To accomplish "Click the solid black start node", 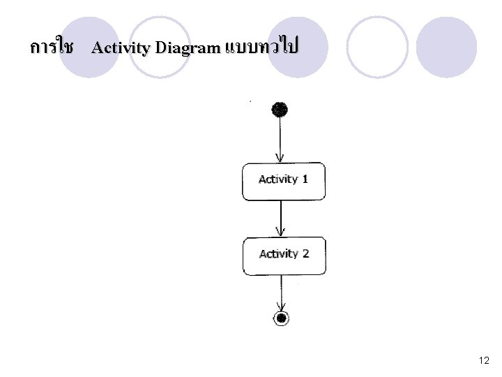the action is [x=280, y=110].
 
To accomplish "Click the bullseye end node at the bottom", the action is [x=281, y=318].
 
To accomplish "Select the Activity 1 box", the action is [x=284, y=182].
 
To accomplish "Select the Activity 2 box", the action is [x=284, y=256].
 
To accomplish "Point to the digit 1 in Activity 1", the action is [x=305, y=179].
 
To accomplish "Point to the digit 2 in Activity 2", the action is [x=305, y=253].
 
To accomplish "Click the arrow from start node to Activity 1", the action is [x=280, y=140].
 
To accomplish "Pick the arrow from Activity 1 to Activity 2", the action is [x=281, y=219].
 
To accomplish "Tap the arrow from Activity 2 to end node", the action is [x=281, y=293].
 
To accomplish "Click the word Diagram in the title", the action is [x=188, y=48].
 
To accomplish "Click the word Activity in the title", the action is [x=121, y=48].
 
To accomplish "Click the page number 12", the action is [x=484, y=360].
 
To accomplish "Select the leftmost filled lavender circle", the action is [x=89, y=47].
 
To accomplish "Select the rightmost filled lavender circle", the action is [x=446, y=47].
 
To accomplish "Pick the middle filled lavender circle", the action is [x=298, y=47].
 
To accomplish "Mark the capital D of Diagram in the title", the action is [x=161, y=47].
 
